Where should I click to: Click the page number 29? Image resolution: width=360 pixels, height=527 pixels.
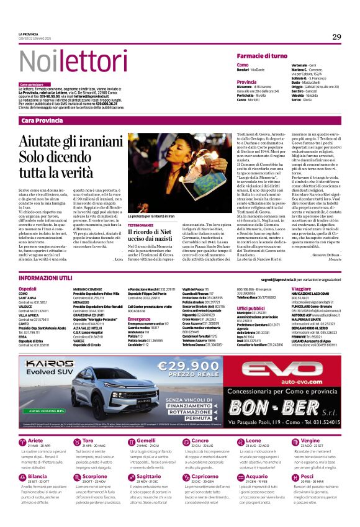pos(336,37)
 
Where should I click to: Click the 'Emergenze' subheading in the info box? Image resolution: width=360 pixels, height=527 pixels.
pos(140,320)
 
